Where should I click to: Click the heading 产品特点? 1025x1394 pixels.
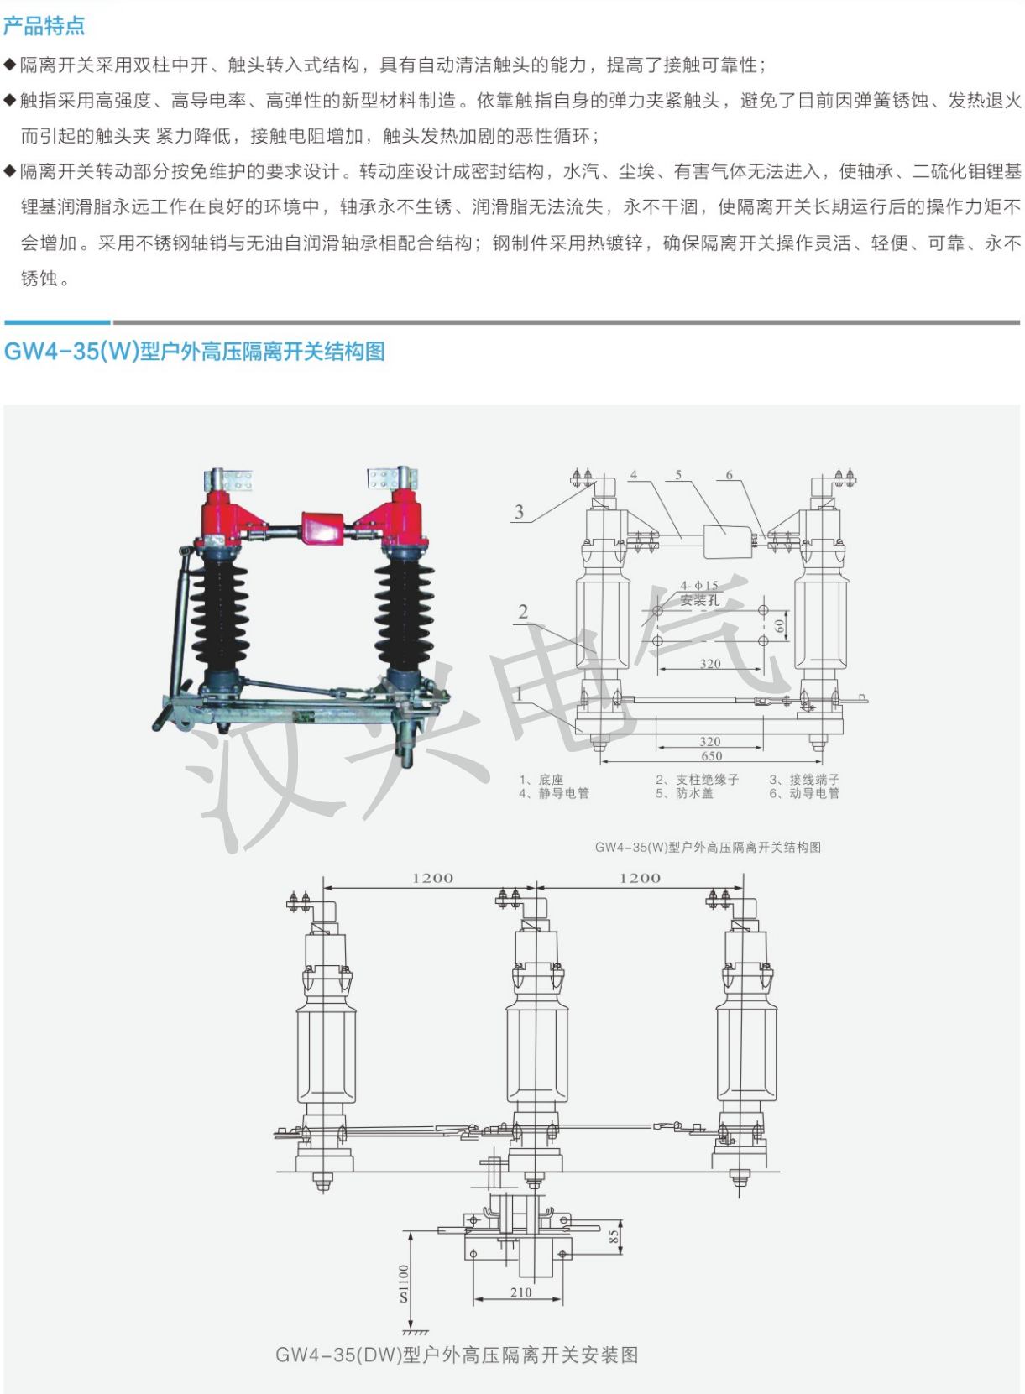click(x=44, y=25)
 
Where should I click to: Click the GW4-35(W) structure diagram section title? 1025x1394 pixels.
click(x=194, y=351)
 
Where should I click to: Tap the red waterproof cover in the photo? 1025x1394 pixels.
click(x=322, y=528)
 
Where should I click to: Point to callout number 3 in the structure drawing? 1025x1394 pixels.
click(x=519, y=512)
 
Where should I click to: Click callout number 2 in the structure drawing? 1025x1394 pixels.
click(x=523, y=612)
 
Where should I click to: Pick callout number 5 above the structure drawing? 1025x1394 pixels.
click(x=678, y=475)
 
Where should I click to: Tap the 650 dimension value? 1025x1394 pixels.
click(x=711, y=756)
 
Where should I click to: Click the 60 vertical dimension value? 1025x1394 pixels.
click(x=779, y=625)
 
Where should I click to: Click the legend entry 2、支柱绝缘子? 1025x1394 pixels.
click(x=697, y=780)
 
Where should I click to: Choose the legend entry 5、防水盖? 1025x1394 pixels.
click(x=684, y=793)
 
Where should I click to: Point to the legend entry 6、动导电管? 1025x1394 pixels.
click(x=805, y=793)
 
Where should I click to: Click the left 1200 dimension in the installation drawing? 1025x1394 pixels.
click(x=432, y=878)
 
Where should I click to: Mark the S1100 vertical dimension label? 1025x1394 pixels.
click(x=404, y=1283)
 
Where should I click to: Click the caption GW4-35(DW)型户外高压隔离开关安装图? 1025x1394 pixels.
click(x=457, y=1355)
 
